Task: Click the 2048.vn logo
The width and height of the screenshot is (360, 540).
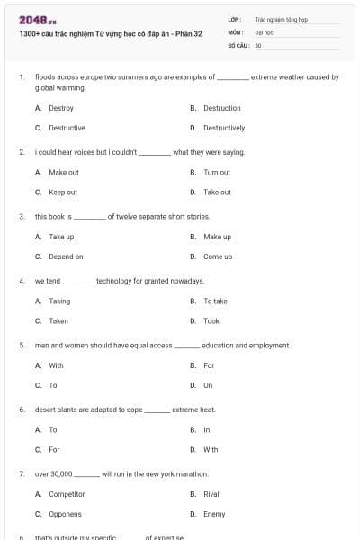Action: click(38, 19)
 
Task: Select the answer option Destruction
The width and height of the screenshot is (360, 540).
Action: click(221, 108)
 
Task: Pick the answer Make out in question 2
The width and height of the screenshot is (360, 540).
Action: click(64, 172)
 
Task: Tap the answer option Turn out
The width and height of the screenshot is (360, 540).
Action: click(217, 172)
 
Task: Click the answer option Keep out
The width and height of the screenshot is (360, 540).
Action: click(63, 192)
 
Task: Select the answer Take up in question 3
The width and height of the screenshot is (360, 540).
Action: click(61, 237)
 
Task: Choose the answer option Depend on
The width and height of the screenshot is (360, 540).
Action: click(66, 256)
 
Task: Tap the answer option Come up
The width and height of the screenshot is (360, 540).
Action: click(218, 256)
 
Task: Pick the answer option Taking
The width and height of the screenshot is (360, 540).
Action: click(59, 301)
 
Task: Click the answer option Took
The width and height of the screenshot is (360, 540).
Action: click(211, 320)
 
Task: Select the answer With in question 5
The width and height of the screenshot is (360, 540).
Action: click(56, 365)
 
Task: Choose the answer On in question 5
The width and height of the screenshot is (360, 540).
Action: click(208, 385)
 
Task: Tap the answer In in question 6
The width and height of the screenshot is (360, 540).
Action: click(207, 429)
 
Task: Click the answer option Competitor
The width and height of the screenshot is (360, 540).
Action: click(67, 494)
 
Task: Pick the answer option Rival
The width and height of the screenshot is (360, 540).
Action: click(211, 494)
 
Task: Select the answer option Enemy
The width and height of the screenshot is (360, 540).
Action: click(214, 514)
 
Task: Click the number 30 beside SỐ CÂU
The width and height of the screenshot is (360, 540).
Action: click(258, 45)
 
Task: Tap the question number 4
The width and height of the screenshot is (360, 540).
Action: click(22, 281)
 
